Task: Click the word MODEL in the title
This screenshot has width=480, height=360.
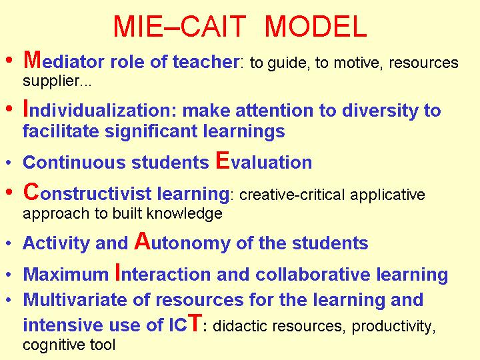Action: [x=315, y=26]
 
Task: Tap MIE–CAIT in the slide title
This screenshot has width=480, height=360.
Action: [x=180, y=26]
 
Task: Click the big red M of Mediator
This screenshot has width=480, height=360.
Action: [x=32, y=59]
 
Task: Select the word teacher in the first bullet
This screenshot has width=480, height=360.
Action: [x=206, y=61]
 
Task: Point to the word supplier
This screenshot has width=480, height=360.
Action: [x=57, y=81]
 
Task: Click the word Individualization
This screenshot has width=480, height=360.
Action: [x=100, y=109]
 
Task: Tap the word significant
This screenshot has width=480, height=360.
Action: [x=151, y=131]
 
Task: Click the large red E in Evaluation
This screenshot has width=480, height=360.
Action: [x=222, y=160]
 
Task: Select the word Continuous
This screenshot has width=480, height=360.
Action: [x=74, y=162]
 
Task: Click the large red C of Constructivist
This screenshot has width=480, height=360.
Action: [x=31, y=191]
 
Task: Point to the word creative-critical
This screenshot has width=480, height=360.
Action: [x=292, y=195]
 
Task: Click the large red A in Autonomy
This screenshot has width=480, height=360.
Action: [x=143, y=241]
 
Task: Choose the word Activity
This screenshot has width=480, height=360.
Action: [x=56, y=243]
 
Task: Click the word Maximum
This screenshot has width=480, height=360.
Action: [x=66, y=274]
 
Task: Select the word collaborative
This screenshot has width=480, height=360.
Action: [x=313, y=274]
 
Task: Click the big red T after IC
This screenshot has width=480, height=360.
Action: [x=195, y=323]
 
